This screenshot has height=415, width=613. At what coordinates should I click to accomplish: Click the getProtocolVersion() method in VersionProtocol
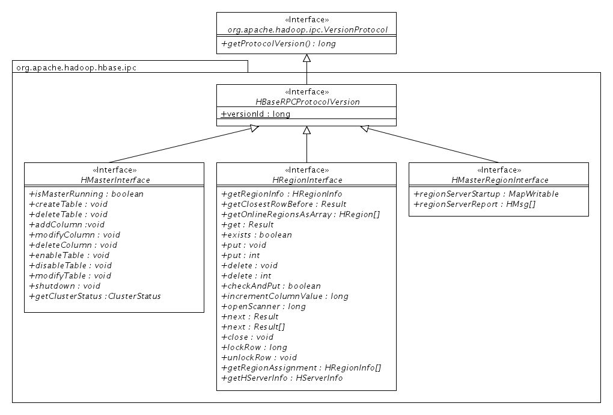278,44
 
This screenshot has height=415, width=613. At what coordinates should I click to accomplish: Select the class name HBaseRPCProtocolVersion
306,102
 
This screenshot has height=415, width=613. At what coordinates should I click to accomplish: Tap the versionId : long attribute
256,114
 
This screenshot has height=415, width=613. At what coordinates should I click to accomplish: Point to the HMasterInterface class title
115,180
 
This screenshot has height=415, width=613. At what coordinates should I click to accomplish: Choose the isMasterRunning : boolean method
86,194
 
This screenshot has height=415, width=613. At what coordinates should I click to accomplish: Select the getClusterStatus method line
94,296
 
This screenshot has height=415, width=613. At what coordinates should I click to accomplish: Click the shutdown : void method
64,286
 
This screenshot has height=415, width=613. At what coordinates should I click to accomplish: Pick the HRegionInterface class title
306,180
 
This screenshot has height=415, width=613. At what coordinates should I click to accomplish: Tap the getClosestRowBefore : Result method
284,204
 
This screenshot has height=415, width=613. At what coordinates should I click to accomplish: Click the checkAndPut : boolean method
270,286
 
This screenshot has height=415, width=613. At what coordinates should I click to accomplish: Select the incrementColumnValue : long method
284,296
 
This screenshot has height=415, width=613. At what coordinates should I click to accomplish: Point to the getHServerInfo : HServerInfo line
282,378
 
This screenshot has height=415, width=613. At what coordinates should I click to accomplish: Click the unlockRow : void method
259,357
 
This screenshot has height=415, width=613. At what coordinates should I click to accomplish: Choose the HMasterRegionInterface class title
499,180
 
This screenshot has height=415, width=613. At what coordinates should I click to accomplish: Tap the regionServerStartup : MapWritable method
486,194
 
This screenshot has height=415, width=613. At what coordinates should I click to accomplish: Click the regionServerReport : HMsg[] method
474,204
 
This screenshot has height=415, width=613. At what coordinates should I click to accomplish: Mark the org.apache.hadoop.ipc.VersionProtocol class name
307,29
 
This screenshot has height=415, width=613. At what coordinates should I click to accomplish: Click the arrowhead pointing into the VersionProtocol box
306,58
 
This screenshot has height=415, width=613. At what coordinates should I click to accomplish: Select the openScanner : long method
263,306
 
